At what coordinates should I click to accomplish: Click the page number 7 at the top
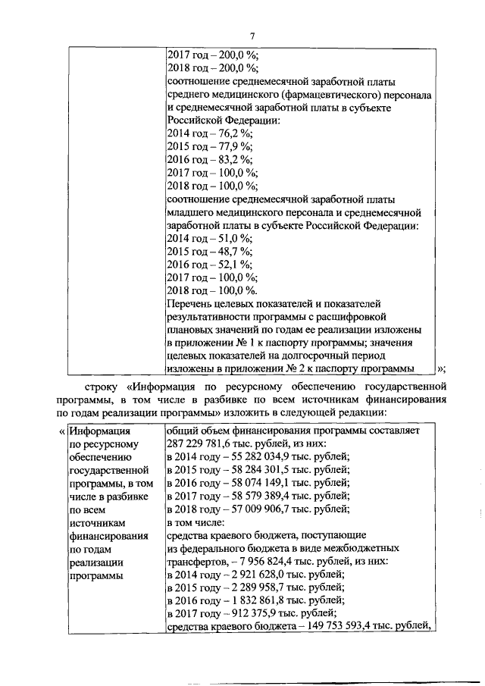[253, 34]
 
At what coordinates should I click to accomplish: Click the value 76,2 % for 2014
[229, 133]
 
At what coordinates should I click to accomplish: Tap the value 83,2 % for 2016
[229, 159]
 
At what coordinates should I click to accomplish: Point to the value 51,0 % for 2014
[229, 238]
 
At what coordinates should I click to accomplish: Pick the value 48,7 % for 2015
[229, 251]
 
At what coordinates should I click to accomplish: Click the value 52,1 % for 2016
[229, 265]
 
